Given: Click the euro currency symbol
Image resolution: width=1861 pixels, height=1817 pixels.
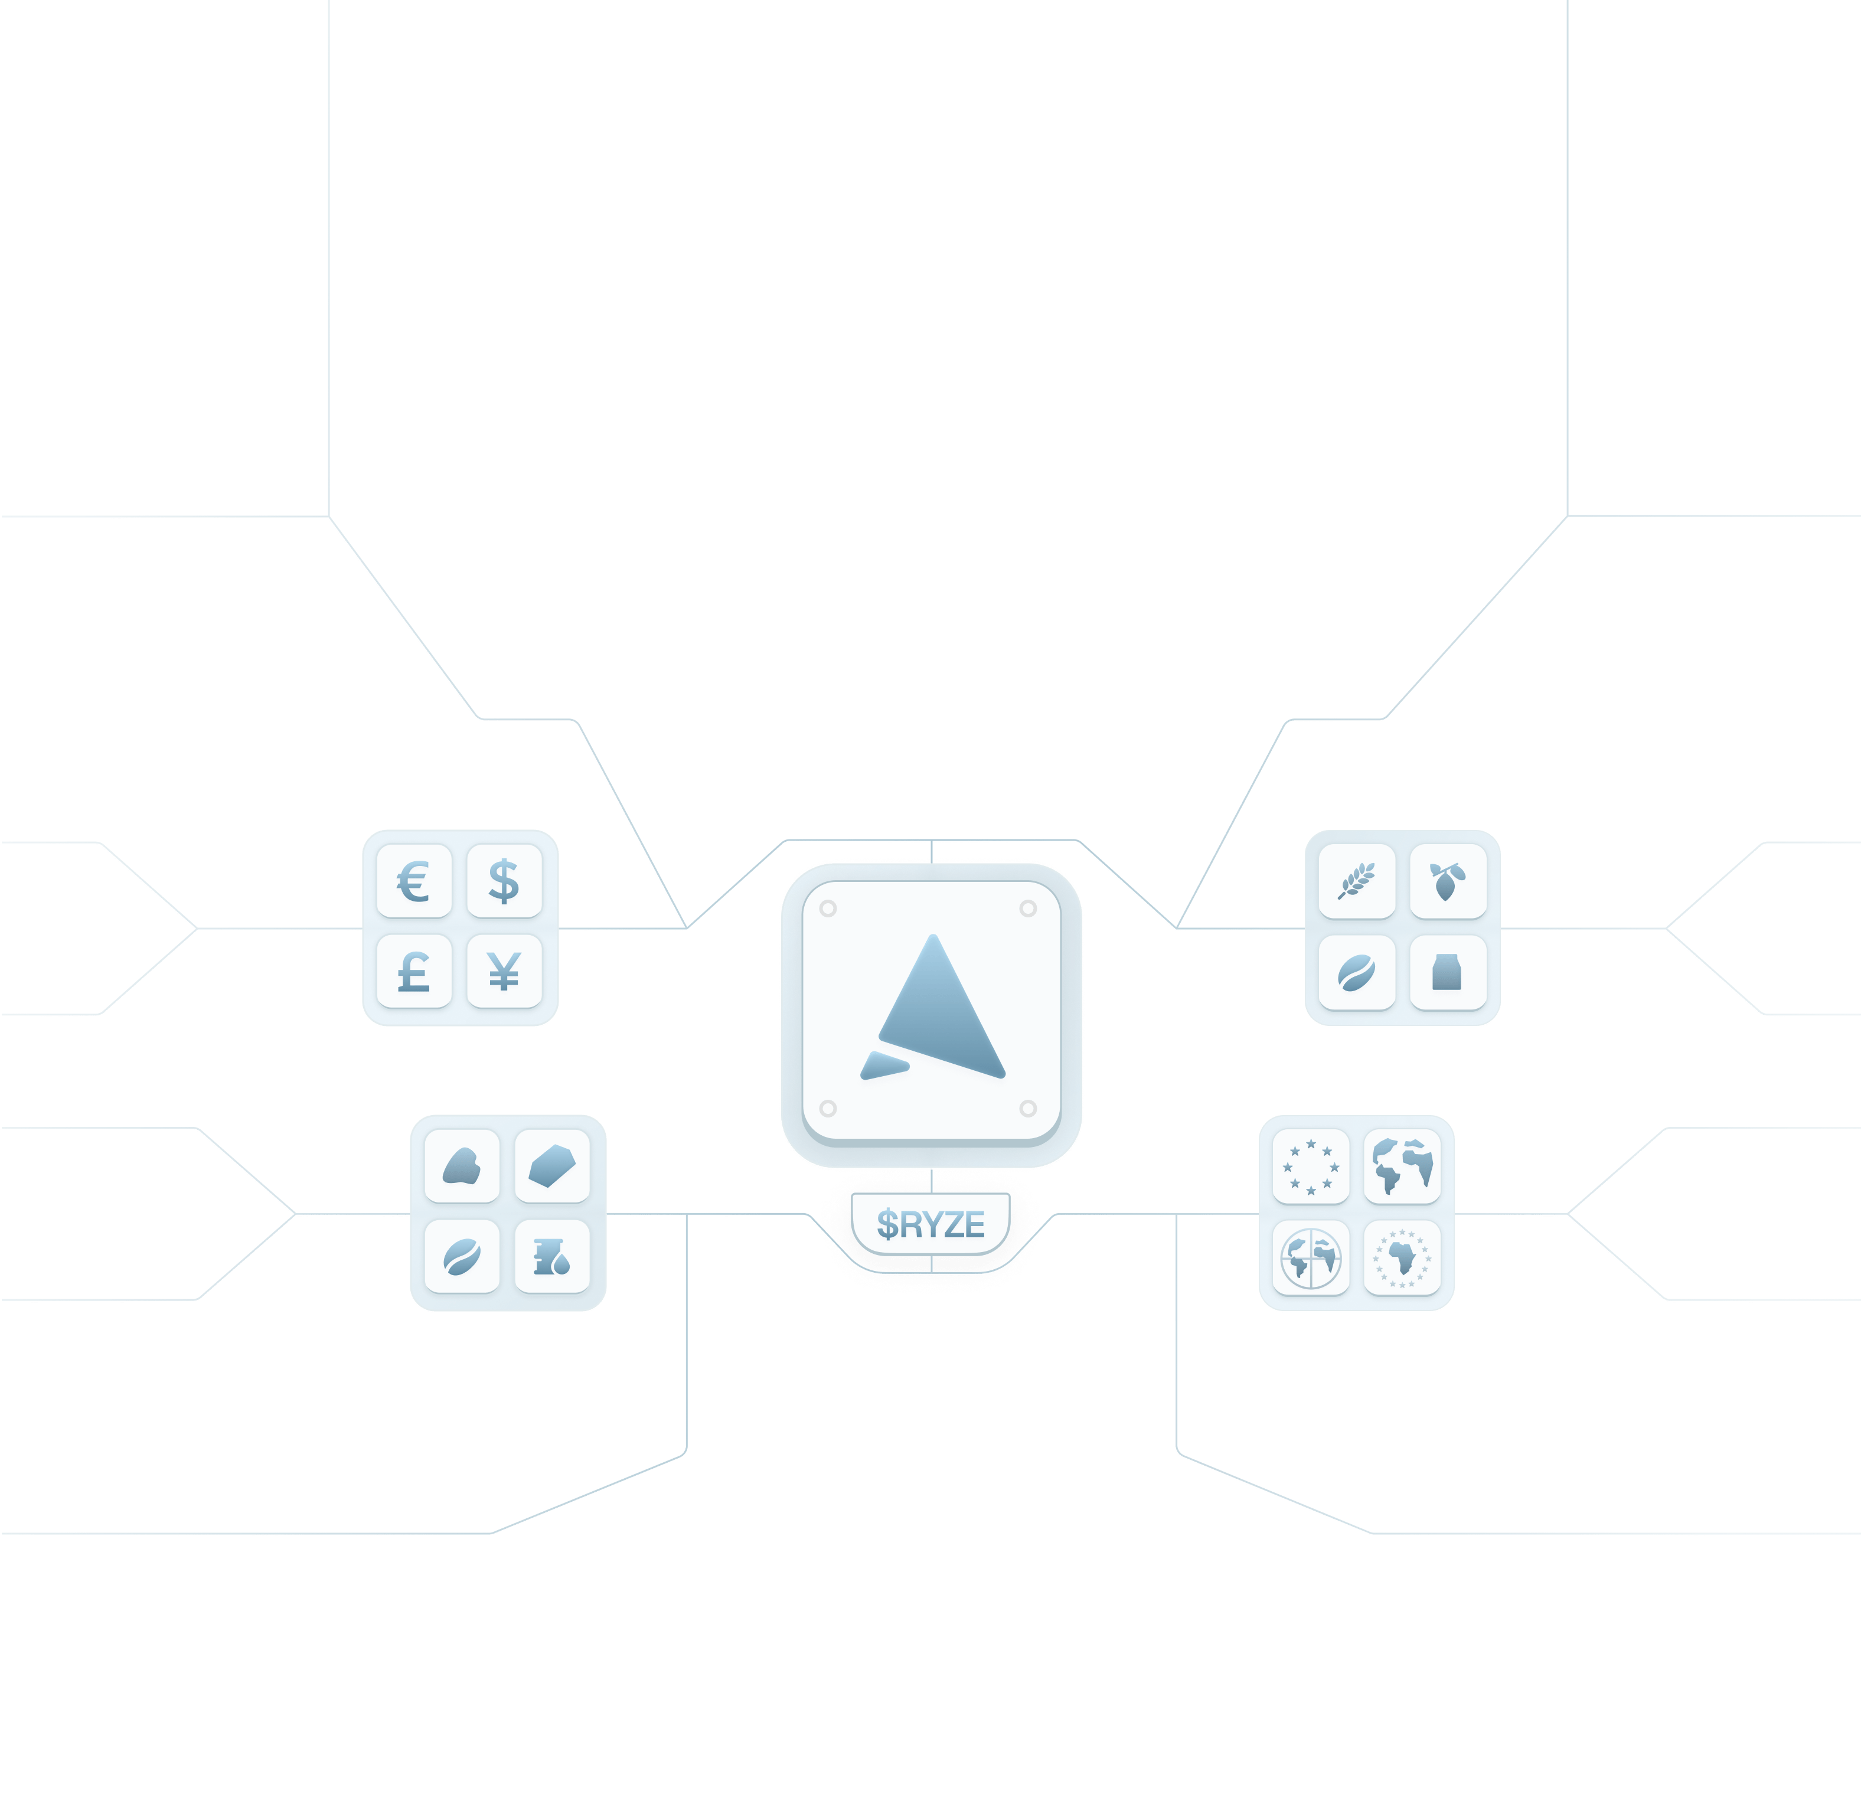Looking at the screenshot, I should coord(413,881).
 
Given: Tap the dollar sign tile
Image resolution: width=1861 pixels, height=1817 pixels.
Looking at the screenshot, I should coord(504,881).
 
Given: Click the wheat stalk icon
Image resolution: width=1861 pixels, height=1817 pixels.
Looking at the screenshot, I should coord(1356,881).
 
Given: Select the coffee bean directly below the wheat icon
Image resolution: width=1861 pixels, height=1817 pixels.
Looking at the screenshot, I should coord(1356,972).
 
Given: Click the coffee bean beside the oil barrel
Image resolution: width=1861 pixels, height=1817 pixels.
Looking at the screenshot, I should coord(461,1256).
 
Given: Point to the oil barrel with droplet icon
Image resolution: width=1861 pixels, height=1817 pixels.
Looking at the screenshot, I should coord(551,1256).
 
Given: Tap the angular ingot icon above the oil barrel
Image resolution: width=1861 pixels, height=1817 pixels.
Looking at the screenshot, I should coord(551,1166).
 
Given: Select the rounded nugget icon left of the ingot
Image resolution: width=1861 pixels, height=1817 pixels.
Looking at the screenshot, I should coord(461,1166).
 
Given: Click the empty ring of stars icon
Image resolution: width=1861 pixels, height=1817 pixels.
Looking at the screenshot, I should coord(1310,1166).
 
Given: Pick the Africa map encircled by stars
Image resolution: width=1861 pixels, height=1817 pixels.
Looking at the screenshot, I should coord(1401,1256).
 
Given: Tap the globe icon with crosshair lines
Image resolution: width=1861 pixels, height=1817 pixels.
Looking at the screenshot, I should coord(1310,1256).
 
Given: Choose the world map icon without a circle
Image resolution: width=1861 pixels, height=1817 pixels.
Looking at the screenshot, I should coord(1401,1166).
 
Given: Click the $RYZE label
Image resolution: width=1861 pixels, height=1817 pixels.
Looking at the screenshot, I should coord(930,1223).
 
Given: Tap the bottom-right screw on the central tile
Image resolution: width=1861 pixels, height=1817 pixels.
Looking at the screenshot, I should coord(1028,1108).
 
